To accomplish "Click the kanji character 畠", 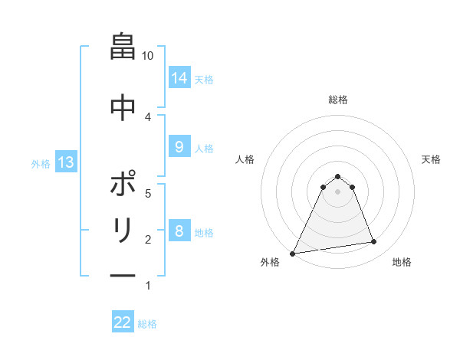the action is coord(123,48).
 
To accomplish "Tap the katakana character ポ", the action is coord(123,183).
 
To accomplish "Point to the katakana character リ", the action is coord(123,230).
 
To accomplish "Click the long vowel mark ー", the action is coord(123,276).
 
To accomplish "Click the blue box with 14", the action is coord(179,78).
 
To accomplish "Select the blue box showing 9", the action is coord(179,147).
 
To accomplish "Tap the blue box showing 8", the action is coord(179,231).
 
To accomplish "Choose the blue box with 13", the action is coord(66,162).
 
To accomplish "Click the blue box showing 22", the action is coord(123,322).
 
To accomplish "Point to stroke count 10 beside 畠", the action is coord(149,56).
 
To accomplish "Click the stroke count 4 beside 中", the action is coord(149,116).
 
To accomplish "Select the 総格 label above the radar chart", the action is coord(337,100).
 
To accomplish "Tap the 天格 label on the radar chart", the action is coord(431,159).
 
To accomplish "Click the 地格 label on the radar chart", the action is coord(402,262).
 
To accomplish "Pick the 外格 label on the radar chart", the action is coord(270,262).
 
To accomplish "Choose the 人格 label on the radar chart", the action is coord(245,159).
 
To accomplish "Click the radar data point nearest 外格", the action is coord(293,253).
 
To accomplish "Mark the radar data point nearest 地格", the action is coord(374,242).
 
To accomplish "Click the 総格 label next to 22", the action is coord(147,323).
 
